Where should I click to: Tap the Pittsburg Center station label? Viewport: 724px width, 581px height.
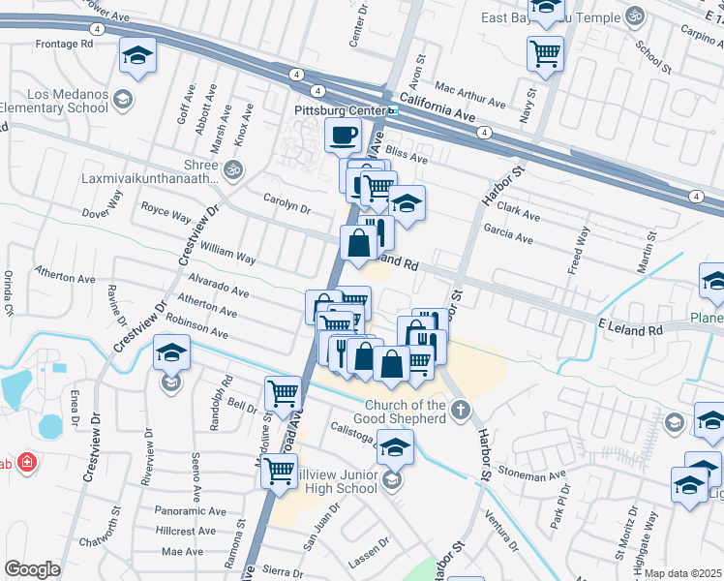[340, 110]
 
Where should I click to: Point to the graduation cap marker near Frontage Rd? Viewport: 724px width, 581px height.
[137, 56]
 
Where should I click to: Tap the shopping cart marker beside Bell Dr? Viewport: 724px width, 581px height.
[283, 394]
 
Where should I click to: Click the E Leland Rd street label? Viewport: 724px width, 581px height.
[630, 330]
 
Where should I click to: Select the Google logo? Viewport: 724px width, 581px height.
[32, 569]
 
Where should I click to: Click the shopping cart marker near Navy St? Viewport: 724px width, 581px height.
[545, 54]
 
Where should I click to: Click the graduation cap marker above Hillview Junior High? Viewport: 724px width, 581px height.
[395, 448]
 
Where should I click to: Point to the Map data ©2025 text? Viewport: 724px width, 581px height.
[682, 573]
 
